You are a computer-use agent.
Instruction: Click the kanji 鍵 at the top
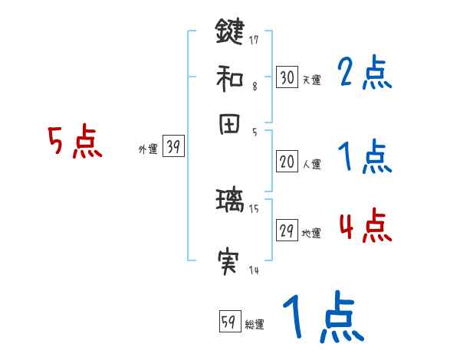(229, 32)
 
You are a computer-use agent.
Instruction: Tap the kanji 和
(229, 77)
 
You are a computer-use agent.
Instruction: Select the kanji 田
(229, 127)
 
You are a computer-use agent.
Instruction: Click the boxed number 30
(287, 77)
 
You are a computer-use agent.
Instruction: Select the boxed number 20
(287, 162)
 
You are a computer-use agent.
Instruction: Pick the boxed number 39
(173, 148)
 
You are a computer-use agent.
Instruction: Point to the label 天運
(311, 79)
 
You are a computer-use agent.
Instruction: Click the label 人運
(311, 163)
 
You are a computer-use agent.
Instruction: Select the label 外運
(147, 150)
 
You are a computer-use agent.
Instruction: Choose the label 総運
(254, 324)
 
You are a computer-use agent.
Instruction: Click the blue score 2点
(364, 74)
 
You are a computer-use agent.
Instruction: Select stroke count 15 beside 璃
(254, 208)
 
